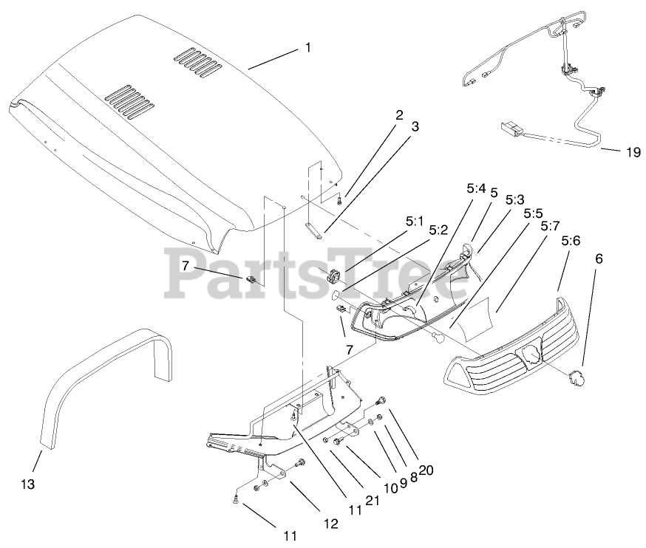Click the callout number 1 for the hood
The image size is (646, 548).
(307, 48)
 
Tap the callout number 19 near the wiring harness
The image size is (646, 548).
(630, 153)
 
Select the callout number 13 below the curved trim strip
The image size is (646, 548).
(27, 484)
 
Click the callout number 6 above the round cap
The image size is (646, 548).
(599, 258)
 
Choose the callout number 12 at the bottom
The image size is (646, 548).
(330, 524)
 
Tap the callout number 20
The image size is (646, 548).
(426, 468)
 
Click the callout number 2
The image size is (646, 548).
(399, 114)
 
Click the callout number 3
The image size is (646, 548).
(415, 126)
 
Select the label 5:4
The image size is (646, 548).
(475, 190)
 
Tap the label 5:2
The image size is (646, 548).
(438, 230)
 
